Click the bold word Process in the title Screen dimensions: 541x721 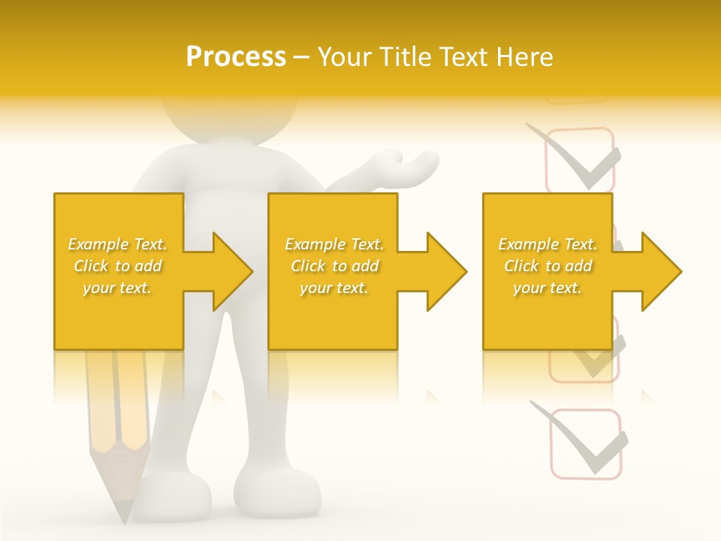coord(236,57)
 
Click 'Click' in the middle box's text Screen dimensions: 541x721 coord(306,266)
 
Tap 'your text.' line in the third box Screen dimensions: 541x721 coord(548,288)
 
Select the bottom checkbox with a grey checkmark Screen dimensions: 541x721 coord(587,443)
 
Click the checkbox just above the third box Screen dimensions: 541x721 coord(580,160)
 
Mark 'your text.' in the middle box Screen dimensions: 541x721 coord(333,288)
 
